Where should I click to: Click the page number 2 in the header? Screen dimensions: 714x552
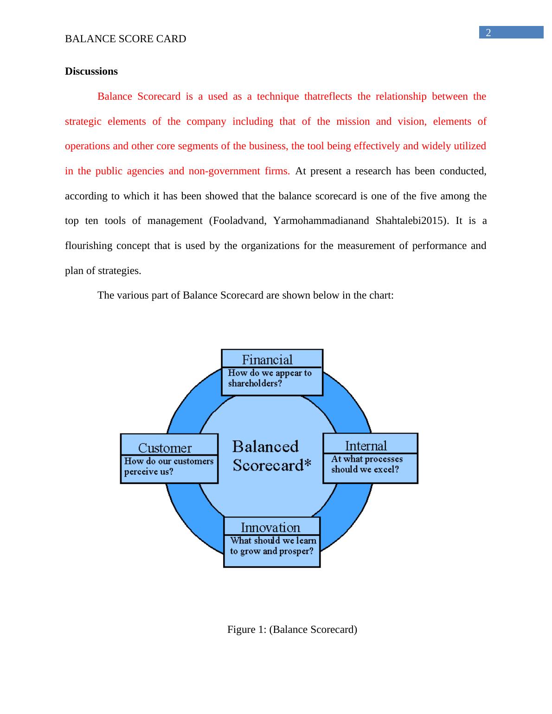[488, 32]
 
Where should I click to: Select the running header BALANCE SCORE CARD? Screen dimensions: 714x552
[125, 39]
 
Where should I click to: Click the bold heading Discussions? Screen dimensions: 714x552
[91, 71]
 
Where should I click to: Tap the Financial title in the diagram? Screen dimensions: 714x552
[267, 360]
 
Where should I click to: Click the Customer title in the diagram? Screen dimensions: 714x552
[165, 448]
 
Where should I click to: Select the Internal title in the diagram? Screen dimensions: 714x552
[366, 446]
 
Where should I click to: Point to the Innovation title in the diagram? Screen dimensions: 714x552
[270, 528]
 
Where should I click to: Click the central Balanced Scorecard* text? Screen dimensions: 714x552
[271, 456]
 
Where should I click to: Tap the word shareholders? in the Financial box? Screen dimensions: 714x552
[255, 383]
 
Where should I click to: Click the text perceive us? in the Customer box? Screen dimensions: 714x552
[148, 472]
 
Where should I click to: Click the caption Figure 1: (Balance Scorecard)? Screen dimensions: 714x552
[292, 630]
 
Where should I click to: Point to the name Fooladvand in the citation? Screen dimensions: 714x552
[239, 221]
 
